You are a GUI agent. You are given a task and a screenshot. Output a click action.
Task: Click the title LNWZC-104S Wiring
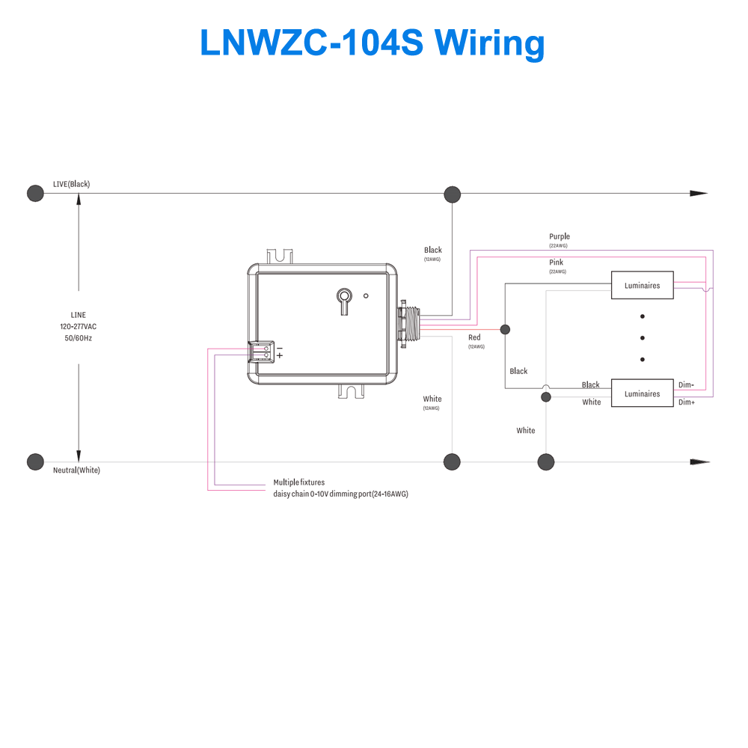[372, 43]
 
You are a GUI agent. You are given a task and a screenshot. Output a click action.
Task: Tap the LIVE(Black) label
[71, 184]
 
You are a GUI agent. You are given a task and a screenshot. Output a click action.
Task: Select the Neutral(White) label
[76, 470]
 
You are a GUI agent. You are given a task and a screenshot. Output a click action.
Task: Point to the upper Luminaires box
[642, 285]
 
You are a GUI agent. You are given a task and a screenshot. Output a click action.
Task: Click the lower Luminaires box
[642, 393]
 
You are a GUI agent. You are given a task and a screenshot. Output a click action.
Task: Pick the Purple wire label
[559, 236]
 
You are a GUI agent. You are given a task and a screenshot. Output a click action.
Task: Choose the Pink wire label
[556, 263]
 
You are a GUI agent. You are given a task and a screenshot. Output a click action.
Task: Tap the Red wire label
[474, 338]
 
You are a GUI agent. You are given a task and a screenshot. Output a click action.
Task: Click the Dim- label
[686, 384]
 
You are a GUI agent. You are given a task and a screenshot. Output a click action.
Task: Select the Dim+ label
[686, 402]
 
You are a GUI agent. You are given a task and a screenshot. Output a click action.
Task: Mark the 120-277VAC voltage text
[79, 327]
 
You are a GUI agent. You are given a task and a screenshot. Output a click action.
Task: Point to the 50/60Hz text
[79, 338]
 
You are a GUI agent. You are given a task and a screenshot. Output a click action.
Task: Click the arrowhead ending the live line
[699, 193]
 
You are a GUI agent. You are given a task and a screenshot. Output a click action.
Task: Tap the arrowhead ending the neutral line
[699, 462]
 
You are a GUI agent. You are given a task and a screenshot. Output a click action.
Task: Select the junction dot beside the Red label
[505, 329]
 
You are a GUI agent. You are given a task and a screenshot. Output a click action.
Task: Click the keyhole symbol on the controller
[343, 298]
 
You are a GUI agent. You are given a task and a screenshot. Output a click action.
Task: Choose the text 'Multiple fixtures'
[299, 482]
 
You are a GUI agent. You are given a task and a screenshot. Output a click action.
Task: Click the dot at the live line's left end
[34, 194]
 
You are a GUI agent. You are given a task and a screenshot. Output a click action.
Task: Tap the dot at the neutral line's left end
[34, 462]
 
